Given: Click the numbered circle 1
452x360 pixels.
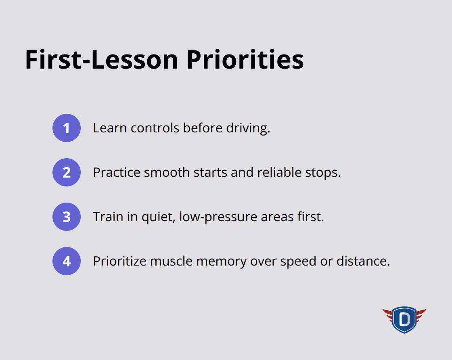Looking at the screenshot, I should pos(67,128).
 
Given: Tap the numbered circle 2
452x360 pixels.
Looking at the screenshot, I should pos(67,172).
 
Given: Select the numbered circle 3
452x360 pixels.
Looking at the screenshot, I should pos(67,217).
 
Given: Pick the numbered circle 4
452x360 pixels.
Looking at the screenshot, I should pos(67,261).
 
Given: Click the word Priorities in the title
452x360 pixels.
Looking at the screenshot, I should pos(245,60).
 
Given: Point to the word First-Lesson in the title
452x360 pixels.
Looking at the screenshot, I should pos(101,60).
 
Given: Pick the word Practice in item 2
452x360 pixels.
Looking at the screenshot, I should pos(117,172).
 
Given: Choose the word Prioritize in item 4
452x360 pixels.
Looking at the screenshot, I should pos(119,261).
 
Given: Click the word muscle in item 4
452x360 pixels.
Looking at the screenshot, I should pos(172,261).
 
